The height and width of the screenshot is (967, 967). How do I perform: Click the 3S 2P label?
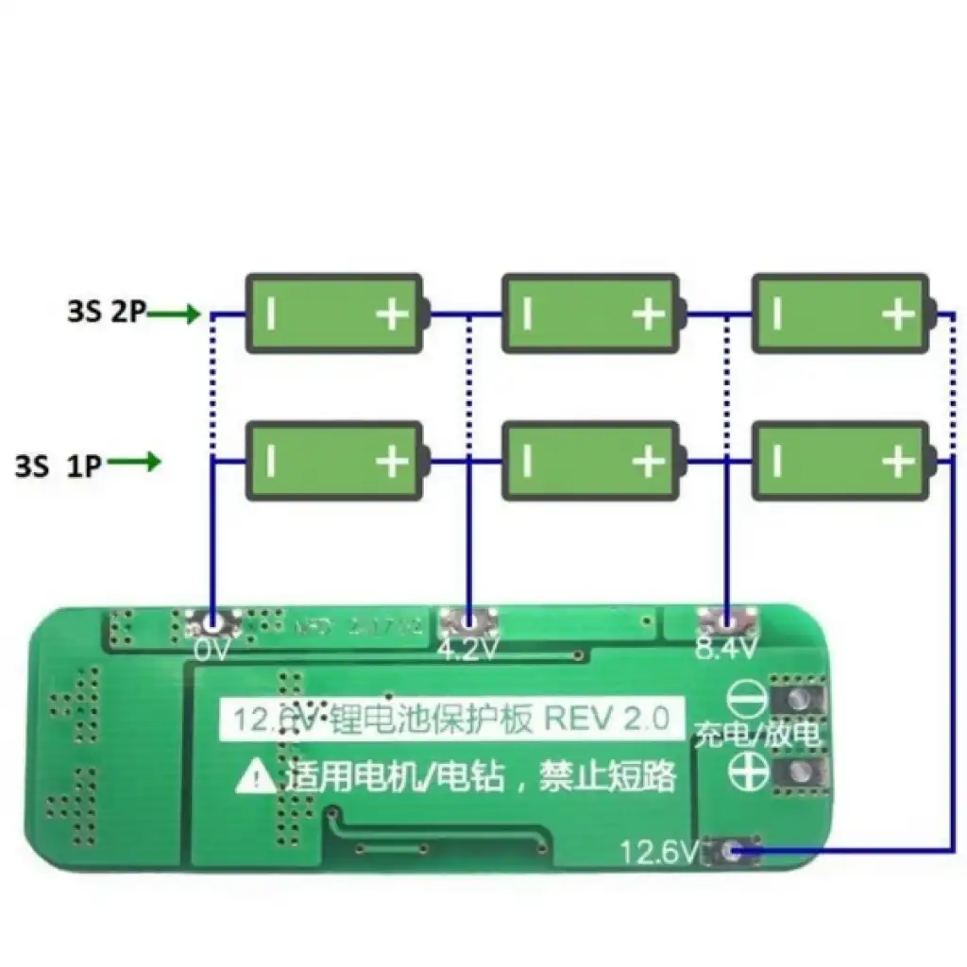(x=106, y=313)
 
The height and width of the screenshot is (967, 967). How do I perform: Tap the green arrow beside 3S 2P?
(x=176, y=314)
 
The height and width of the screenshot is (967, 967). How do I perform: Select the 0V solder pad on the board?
(x=212, y=622)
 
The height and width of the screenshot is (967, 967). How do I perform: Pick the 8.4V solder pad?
(x=727, y=621)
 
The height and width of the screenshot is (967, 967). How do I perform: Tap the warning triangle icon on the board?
(x=255, y=777)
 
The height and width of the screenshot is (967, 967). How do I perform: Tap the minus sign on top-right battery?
(x=776, y=314)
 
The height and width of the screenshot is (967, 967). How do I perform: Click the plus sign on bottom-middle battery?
(x=649, y=462)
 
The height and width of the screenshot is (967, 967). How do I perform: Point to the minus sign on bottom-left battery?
(x=271, y=462)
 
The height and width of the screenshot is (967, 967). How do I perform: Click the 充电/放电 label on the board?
(x=757, y=735)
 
